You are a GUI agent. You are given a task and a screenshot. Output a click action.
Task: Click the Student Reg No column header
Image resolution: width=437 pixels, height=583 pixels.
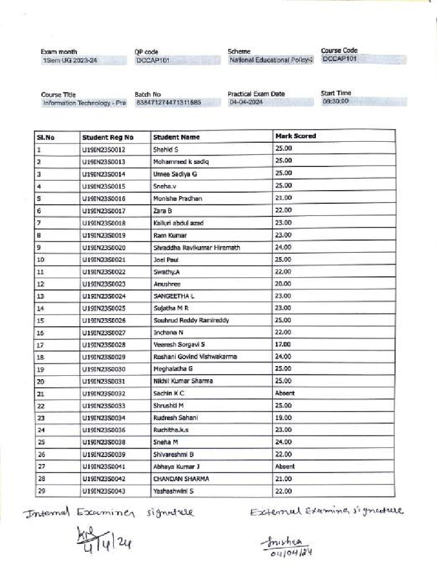coord(108,137)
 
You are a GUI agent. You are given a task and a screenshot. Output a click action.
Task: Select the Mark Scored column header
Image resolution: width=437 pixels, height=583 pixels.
coord(295,136)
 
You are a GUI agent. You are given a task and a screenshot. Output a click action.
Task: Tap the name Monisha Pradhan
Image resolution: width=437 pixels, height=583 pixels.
coord(178,199)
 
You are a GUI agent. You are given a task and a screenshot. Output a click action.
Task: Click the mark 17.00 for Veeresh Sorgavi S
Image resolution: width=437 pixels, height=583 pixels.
coord(283,344)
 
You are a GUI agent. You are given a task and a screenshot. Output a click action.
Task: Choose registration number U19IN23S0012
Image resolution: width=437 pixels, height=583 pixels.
coord(104,150)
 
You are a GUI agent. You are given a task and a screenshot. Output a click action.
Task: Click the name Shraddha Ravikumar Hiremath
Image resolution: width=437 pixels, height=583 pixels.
coord(196,248)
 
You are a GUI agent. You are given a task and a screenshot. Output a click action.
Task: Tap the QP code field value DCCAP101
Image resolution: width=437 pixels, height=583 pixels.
coord(152,60)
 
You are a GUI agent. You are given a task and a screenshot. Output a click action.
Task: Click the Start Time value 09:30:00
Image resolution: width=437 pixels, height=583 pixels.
coord(336,101)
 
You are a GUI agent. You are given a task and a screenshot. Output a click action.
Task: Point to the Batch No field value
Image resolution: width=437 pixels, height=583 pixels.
coord(168,103)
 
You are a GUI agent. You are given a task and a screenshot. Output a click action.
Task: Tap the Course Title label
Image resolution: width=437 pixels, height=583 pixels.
coord(58,95)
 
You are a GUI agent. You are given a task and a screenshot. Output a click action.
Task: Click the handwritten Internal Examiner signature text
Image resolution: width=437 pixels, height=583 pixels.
coord(108,514)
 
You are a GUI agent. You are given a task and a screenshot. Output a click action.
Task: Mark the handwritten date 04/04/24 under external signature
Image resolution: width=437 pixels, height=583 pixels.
coord(292,552)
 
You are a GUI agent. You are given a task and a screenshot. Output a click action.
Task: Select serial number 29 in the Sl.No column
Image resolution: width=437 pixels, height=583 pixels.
coord(40,491)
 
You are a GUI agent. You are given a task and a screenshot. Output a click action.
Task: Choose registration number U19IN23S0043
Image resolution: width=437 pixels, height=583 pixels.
coord(104,491)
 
